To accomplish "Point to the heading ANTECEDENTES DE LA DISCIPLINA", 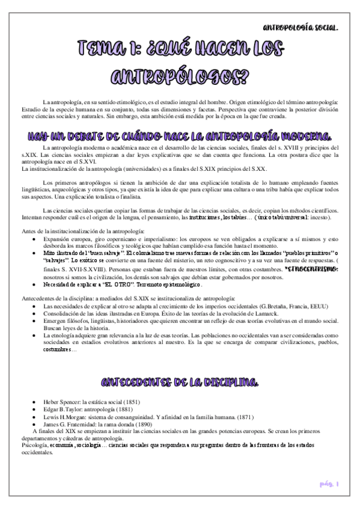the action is pos(180,382).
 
